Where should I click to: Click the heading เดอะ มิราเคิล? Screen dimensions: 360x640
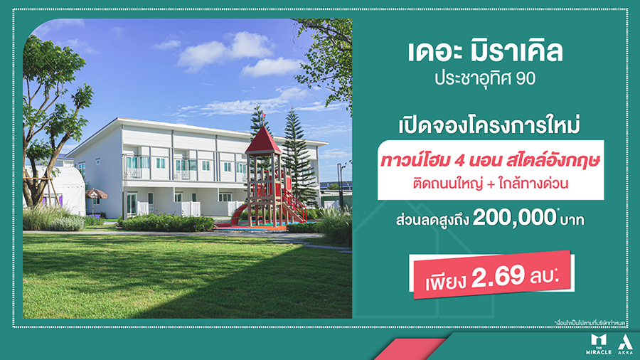[486, 52]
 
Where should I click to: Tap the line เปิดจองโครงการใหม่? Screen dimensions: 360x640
[485, 125]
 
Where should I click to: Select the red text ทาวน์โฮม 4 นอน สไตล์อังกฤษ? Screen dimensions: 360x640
[486, 162]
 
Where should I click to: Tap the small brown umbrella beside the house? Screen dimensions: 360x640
[96, 194]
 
